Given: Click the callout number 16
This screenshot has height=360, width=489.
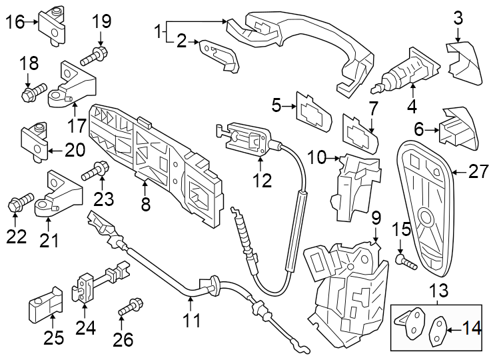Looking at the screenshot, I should (x=15, y=22).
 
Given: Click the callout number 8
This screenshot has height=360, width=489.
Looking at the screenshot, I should (x=146, y=204).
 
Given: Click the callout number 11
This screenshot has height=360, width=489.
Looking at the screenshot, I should (x=191, y=321).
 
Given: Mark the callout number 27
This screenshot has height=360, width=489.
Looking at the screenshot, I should (x=478, y=173).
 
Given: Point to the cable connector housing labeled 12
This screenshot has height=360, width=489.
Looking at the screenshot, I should (x=250, y=139).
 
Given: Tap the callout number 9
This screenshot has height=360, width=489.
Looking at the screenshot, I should (x=376, y=217).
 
